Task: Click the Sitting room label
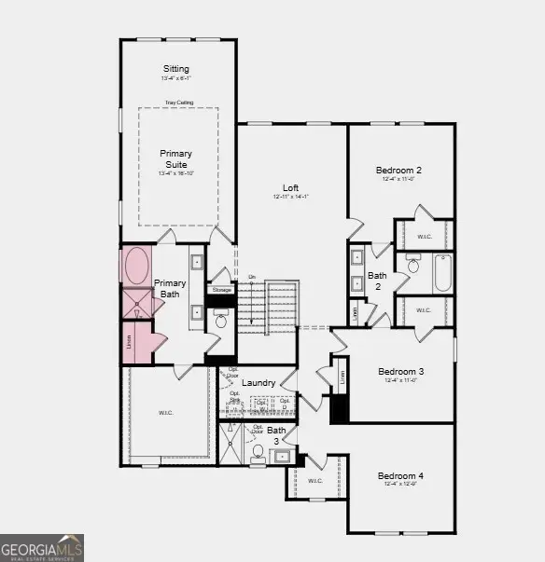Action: (175, 69)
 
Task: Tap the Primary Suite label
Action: (175, 158)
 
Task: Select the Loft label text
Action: (290, 187)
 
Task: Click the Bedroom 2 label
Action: (398, 171)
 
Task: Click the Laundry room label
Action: (258, 383)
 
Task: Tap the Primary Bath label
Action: (170, 288)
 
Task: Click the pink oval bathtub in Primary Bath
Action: (136, 266)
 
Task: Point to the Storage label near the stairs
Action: (221, 290)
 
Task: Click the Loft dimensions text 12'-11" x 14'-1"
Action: (290, 197)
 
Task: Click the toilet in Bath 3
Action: (259, 452)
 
